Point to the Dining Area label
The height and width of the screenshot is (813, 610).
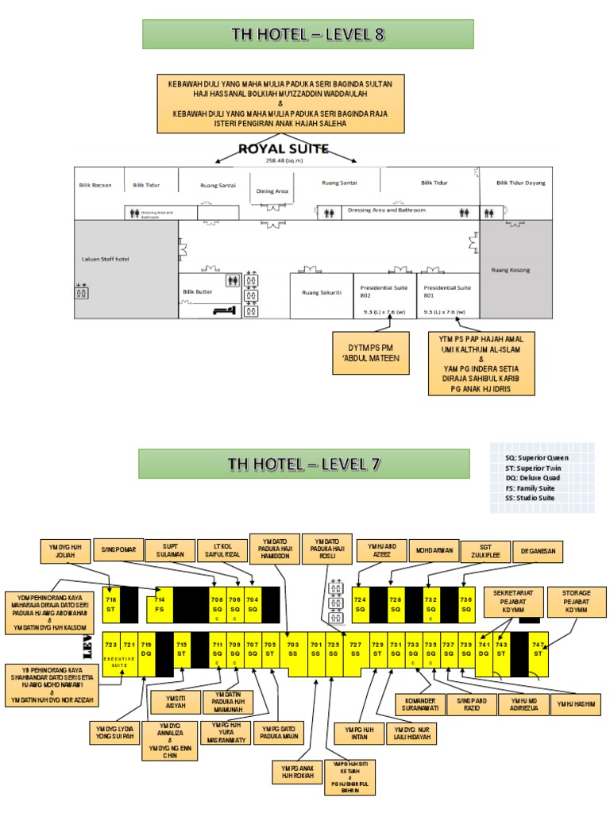coord(271,191)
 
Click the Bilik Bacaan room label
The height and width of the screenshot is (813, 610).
coord(95,185)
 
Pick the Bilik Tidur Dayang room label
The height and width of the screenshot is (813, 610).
coord(521,183)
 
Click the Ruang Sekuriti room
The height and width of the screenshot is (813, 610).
coord(322,292)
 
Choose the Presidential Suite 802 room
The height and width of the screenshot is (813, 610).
coord(384,291)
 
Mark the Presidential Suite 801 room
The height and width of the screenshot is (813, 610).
coord(448,291)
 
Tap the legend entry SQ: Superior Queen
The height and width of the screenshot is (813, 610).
coord(537,458)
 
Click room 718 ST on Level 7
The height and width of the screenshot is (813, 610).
coord(110,604)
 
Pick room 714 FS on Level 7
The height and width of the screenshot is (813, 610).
coord(160,604)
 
